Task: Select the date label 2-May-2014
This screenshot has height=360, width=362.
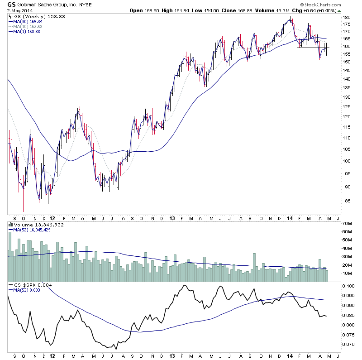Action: (x=16, y=11)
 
